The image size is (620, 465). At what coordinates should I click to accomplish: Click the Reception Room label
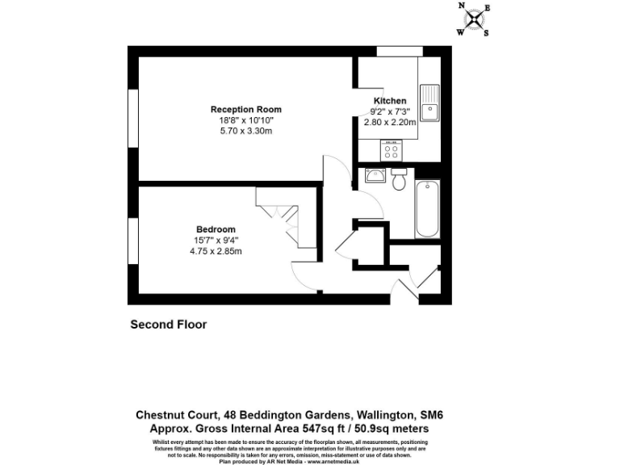(246, 110)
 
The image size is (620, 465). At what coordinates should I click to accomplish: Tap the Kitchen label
(390, 101)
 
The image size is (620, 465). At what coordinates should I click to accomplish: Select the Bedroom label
(216, 229)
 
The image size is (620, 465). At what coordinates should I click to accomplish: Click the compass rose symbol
(474, 19)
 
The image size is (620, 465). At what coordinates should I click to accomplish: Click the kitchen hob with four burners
(392, 149)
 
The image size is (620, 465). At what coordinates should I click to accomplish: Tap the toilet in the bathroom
(398, 181)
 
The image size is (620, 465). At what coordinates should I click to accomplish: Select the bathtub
(427, 209)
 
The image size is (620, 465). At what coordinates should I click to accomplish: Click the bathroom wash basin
(374, 175)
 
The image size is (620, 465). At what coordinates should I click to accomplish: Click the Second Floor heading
(169, 325)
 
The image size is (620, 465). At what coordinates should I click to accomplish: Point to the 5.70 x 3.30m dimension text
(246, 131)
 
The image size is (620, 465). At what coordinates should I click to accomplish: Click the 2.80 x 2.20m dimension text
(390, 123)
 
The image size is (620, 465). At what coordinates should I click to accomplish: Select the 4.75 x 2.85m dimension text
(216, 251)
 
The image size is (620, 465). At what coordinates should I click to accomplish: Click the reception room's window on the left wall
(132, 118)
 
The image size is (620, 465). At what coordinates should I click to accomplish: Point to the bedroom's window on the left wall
(132, 240)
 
